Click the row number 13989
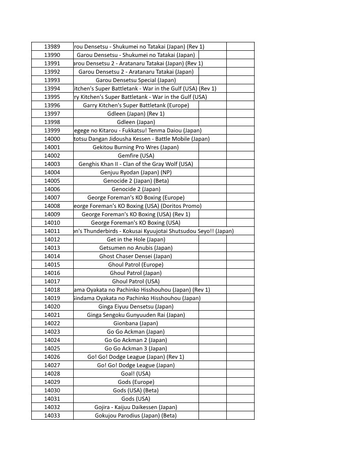pyautogui.click(x=52, y=46)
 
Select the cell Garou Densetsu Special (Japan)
pyautogui.click(x=136, y=80)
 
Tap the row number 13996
pyautogui.click(x=52, y=105)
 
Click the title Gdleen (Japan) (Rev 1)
pyautogui.click(x=136, y=113)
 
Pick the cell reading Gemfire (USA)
pyautogui.click(x=136, y=155)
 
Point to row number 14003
pyautogui.click(x=52, y=164)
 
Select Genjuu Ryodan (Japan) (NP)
pyautogui.click(x=136, y=172)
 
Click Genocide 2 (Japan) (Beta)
pyautogui.click(x=136, y=180)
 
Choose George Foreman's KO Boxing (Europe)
pyautogui.click(x=136, y=197)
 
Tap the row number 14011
pyautogui.click(x=52, y=231)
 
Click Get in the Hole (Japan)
pyautogui.click(x=136, y=239)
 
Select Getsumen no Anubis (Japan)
pyautogui.click(x=136, y=248)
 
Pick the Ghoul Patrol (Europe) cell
pyautogui.click(x=136, y=264)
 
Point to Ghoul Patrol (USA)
pyautogui.click(x=136, y=281)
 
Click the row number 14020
pyautogui.click(x=52, y=306)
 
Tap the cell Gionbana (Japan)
pyautogui.click(x=136, y=323)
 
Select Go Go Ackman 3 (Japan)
pyautogui.click(x=136, y=348)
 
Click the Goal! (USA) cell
pyautogui.click(x=136, y=373)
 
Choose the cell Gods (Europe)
pyautogui.click(x=136, y=382)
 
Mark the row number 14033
pyautogui.click(x=52, y=415)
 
